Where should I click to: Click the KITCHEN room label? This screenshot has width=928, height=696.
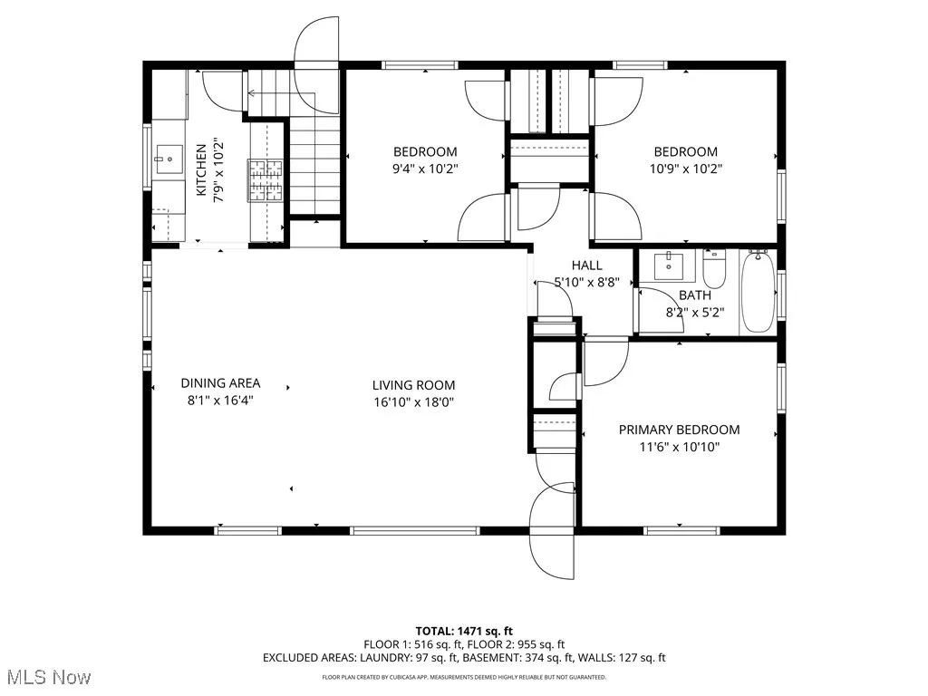tap(201, 169)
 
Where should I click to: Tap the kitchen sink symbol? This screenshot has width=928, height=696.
tap(168, 159)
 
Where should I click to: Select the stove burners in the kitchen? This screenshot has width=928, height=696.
tap(267, 179)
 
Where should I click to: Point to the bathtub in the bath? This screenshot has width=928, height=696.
tap(758, 292)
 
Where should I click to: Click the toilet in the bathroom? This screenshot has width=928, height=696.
tap(714, 269)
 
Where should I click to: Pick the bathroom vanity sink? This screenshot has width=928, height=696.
tap(671, 265)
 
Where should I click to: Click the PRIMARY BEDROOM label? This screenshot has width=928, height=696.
tap(679, 430)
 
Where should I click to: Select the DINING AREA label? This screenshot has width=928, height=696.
tap(220, 383)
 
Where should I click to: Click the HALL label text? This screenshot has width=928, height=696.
tap(586, 266)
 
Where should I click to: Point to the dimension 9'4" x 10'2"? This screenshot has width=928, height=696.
tap(424, 168)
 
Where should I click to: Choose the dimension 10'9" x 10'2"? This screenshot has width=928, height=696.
tap(686, 168)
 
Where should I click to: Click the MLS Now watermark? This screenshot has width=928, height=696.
tap(48, 677)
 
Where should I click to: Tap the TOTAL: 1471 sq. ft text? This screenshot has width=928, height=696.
tap(464, 630)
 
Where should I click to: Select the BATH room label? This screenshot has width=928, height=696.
tap(695, 295)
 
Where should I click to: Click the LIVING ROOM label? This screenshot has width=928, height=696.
tap(413, 385)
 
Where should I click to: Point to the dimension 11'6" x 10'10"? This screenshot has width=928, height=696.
tap(679, 446)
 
